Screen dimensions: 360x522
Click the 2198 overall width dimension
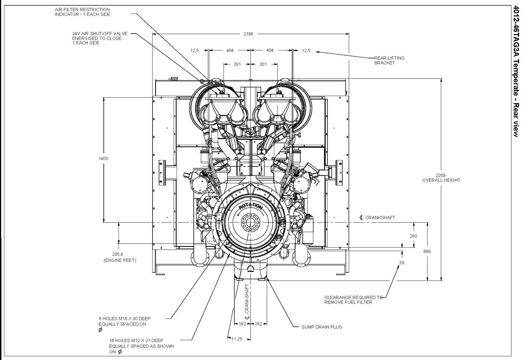pyautogui.click(x=248, y=34)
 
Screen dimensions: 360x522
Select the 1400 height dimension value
pyautogui.click(x=103, y=158)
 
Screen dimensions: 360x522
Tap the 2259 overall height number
pyautogui.click(x=441, y=175)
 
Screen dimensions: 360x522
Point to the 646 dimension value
pyautogui.click(x=428, y=251)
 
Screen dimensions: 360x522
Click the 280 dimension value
pyautogui.click(x=413, y=236)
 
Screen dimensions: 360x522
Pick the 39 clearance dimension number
pyautogui.click(x=402, y=263)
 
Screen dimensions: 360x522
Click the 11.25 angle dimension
pyautogui.click(x=237, y=339)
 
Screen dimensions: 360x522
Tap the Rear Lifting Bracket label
pyautogui.click(x=389, y=60)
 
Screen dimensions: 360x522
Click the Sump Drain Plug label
pyautogui.click(x=321, y=327)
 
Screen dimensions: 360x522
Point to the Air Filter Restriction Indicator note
pyautogui.click(x=82, y=12)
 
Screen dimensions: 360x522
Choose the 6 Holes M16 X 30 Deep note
pyautogui.click(x=124, y=321)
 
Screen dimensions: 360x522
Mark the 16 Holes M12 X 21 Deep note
pyautogui.click(x=141, y=346)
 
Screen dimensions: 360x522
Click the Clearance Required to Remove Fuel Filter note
pyautogui.click(x=353, y=300)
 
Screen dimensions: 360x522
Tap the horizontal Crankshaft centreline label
pyautogui.click(x=379, y=218)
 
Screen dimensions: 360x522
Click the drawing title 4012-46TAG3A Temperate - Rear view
pyautogui.click(x=515, y=72)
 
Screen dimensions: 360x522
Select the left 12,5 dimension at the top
pyautogui.click(x=195, y=50)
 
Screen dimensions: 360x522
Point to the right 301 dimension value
pyautogui.click(x=263, y=64)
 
